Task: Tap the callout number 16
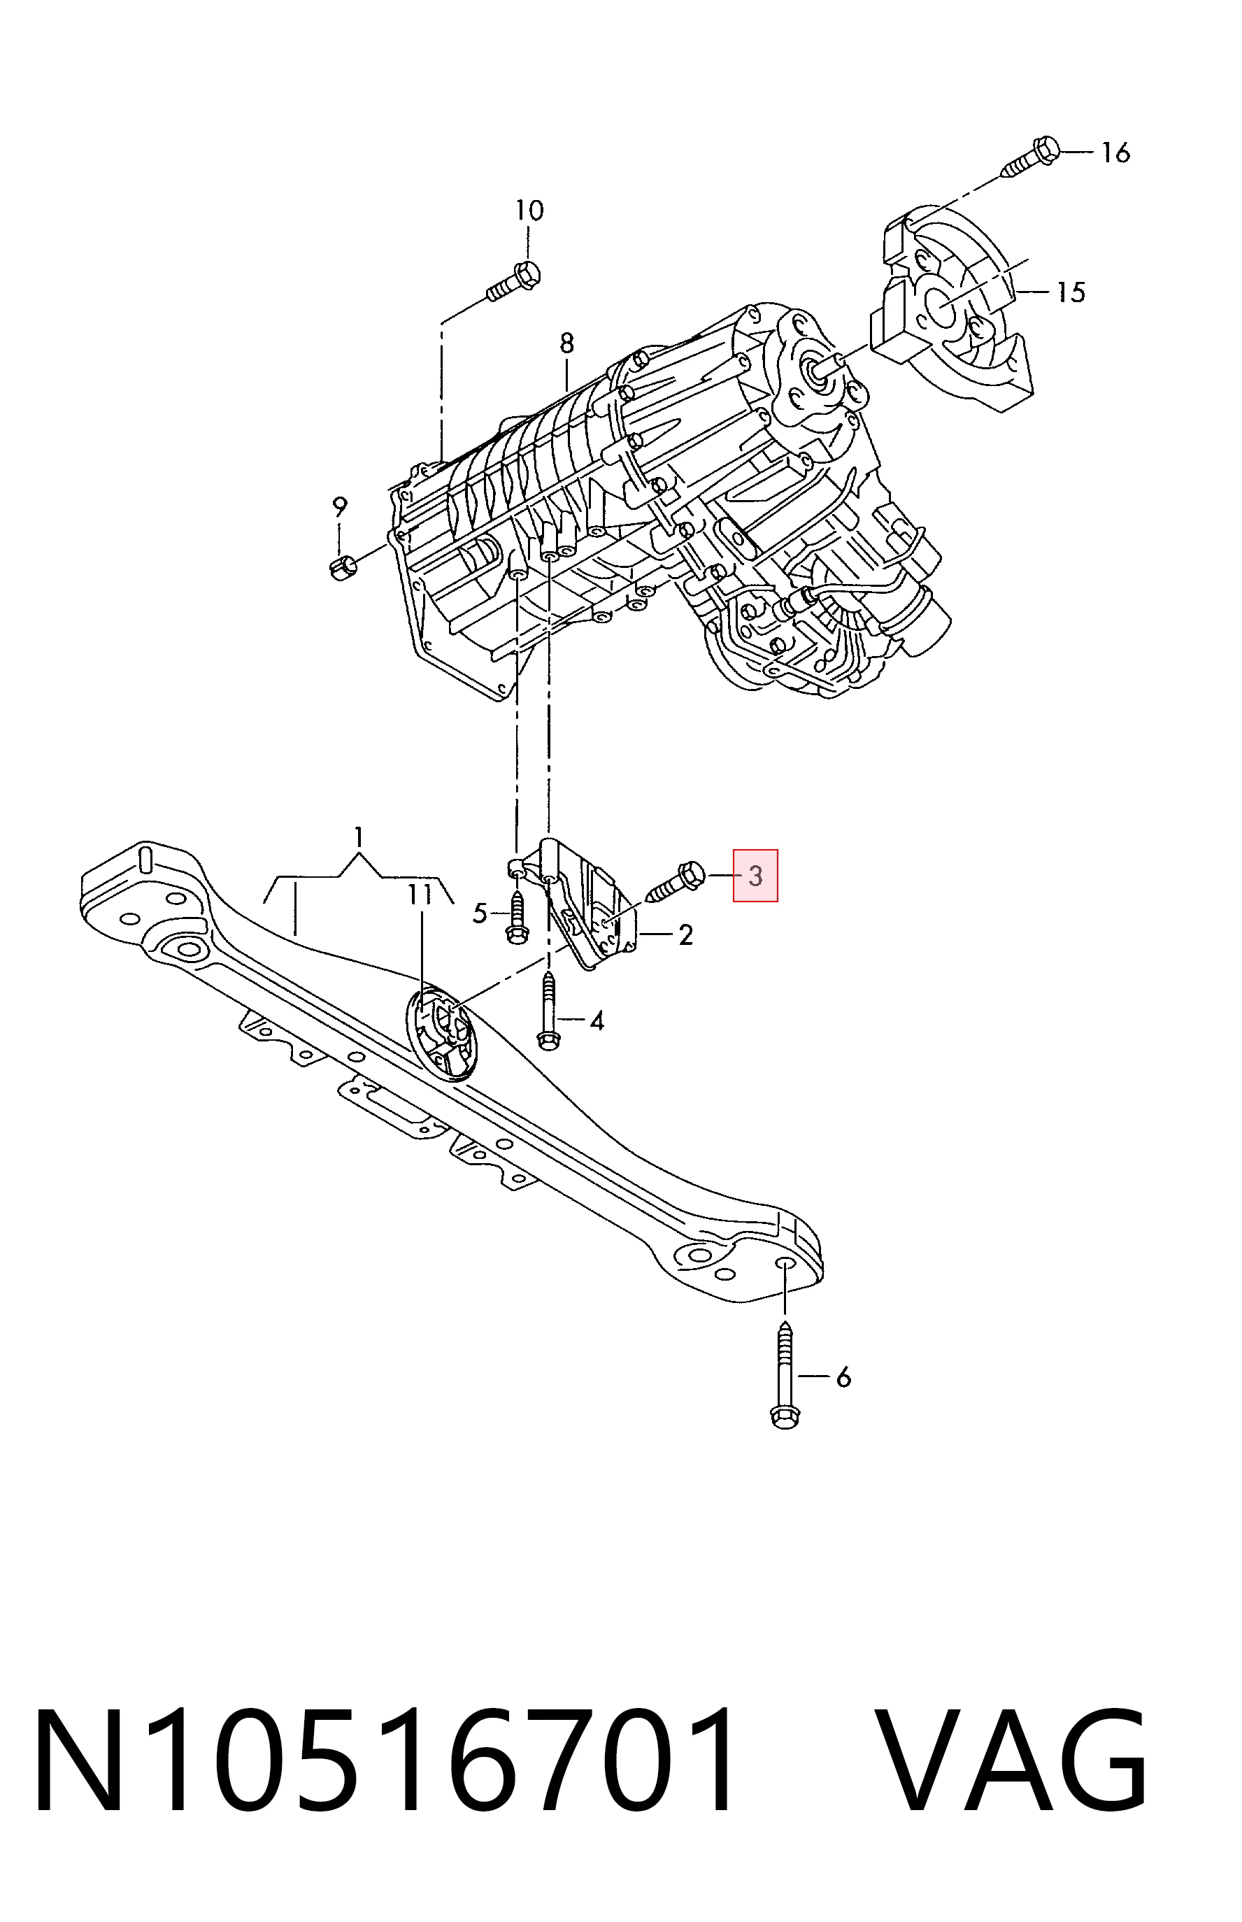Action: click(1116, 152)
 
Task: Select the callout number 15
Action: click(1072, 292)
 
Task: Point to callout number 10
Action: click(530, 211)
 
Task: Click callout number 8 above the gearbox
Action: click(567, 343)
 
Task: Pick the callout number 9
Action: click(340, 507)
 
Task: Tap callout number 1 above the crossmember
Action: click(359, 837)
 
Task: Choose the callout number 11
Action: click(420, 895)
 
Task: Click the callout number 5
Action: click(480, 914)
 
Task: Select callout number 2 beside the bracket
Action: click(685, 936)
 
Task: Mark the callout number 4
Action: click(596, 1022)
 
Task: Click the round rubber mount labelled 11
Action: click(443, 1034)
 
